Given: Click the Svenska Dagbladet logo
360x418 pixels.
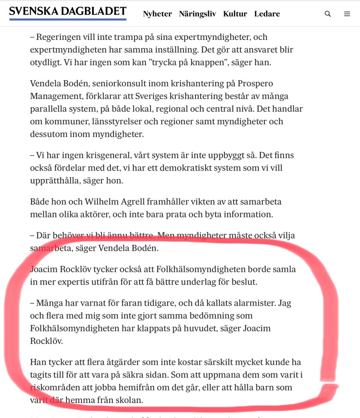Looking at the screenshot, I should click(68, 13).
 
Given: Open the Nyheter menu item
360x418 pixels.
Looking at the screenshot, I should click(157, 14).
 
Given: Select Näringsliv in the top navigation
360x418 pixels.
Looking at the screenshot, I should click(197, 14).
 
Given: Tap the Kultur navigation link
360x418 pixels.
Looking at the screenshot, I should click(235, 14).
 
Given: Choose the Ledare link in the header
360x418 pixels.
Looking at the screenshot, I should click(267, 14).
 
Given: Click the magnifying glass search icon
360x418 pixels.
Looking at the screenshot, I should click(328, 14).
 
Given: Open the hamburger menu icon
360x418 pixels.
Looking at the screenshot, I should click(347, 14).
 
